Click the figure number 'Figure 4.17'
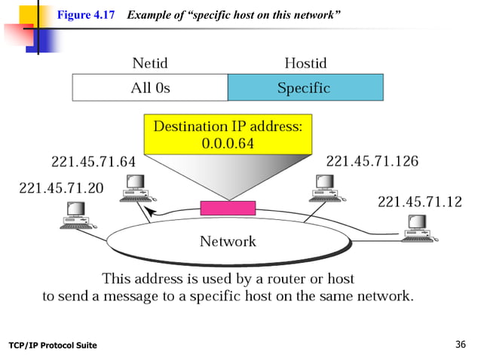point(87,13)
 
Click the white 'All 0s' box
point(150,87)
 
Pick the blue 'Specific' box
point(305,87)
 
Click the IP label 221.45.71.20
point(62,188)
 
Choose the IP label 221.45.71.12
point(418,201)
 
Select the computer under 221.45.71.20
point(76,217)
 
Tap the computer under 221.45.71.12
point(415,227)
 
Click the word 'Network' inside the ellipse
point(227,242)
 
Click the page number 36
point(462,344)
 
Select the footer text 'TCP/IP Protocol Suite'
point(53,345)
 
